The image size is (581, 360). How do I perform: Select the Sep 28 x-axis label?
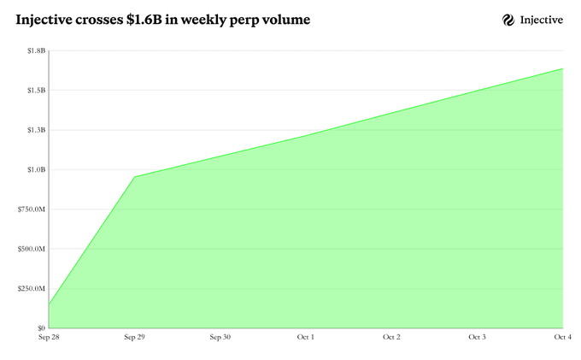pos(49,338)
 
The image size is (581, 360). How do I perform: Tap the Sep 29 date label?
pos(134,338)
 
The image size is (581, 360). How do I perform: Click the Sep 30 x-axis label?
pos(220,338)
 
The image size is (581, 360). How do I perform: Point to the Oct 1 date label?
pos(306,338)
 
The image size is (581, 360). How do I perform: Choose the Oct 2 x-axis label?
pos(391,338)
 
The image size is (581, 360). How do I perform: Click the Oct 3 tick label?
pos(478,338)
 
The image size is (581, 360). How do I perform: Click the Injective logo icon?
pos(508,20)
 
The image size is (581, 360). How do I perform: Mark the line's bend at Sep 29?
pos(134,177)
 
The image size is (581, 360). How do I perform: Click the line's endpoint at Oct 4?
pos(562,68)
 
